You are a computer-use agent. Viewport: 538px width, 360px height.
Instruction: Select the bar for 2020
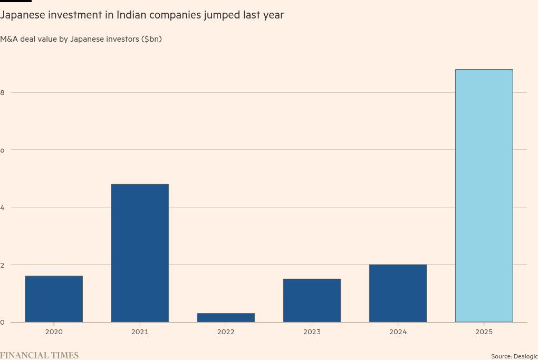54,299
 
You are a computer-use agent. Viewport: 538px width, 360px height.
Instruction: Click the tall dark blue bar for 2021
140,253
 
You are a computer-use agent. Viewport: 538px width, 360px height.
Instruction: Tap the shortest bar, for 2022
226,317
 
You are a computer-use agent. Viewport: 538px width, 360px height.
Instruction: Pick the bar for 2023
312,300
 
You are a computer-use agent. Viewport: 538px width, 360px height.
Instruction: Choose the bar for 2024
398,293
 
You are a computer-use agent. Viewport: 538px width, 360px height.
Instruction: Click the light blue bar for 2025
484,195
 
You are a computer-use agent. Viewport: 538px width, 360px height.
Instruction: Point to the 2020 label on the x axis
54,332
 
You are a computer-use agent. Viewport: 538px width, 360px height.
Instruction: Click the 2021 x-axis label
140,332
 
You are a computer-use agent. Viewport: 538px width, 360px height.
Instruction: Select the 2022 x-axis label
226,332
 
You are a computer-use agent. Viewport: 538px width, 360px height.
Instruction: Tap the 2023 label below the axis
312,332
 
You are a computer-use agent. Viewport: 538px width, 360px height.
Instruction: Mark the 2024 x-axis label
398,332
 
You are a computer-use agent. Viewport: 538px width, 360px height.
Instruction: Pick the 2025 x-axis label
484,332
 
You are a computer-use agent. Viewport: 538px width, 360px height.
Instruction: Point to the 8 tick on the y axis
2,92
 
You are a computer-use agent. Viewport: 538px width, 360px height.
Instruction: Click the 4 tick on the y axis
2,207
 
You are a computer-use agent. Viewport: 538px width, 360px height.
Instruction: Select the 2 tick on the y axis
2,264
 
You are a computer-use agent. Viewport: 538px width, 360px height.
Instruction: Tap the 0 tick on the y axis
2,322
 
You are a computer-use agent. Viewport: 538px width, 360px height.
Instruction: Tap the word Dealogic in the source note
525,357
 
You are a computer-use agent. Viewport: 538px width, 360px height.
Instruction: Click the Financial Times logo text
39,355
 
